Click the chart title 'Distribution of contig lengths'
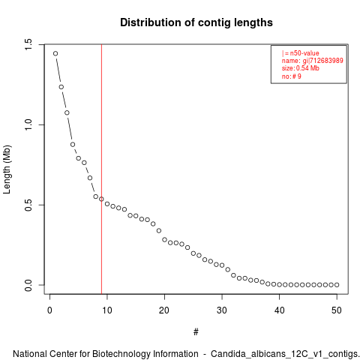pyautogui.click(x=196, y=22)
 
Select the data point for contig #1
pyautogui.click(x=55, y=53)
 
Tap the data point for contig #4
pyautogui.click(x=73, y=145)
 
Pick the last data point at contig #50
pyautogui.click(x=337, y=285)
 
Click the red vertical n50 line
pyautogui.click(x=101, y=169)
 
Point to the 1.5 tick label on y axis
pyautogui.click(x=28, y=44)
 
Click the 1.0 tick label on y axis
pyautogui.click(x=28, y=124)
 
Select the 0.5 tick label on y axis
pyautogui.click(x=28, y=205)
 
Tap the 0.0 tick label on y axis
pyautogui.click(x=28, y=285)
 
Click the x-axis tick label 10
pyautogui.click(x=107, y=310)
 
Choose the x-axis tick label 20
pyautogui.click(x=164, y=310)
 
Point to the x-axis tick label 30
pyautogui.click(x=222, y=310)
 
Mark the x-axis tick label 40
pyautogui.click(x=279, y=310)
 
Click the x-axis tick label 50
pyautogui.click(x=337, y=310)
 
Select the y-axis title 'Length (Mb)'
pyautogui.click(x=7, y=169)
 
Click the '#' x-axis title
pyautogui.click(x=196, y=332)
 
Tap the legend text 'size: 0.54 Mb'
pyautogui.click(x=301, y=68)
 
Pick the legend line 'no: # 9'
pyautogui.click(x=292, y=76)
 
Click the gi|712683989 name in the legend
pyautogui.click(x=322, y=61)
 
